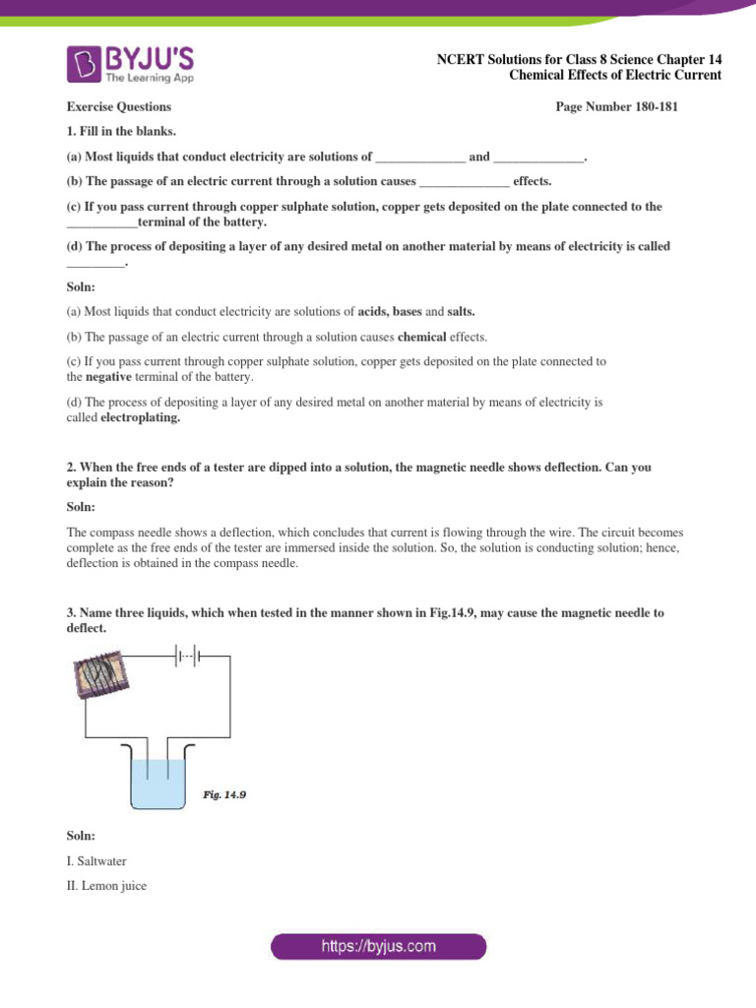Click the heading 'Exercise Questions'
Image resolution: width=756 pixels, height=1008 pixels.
click(118, 107)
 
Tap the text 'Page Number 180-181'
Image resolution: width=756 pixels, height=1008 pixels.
click(617, 107)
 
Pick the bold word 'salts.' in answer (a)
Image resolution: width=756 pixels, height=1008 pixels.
click(462, 312)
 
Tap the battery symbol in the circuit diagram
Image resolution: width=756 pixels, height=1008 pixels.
click(186, 652)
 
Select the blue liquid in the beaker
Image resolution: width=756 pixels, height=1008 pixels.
click(157, 784)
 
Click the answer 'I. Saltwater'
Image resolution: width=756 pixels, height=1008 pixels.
click(96, 861)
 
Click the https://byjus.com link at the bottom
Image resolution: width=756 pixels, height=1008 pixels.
click(379, 947)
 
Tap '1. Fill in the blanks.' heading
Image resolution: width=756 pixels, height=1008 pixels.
click(122, 131)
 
